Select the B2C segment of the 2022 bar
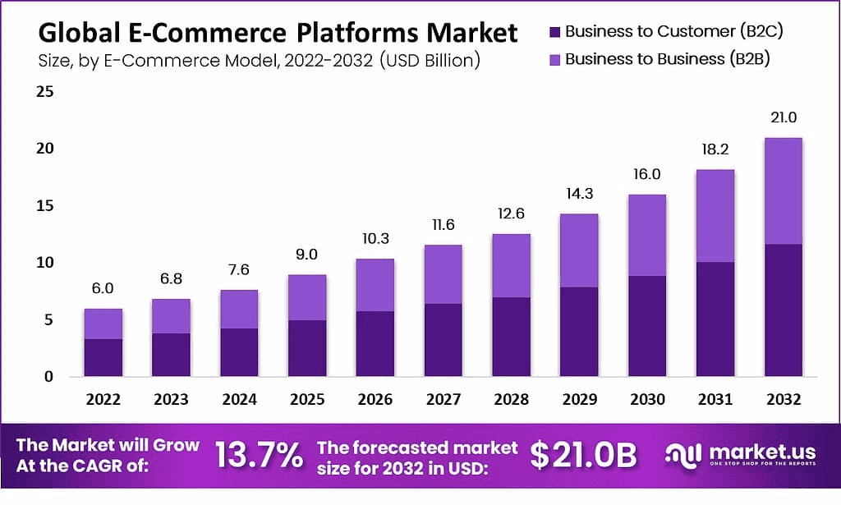103,357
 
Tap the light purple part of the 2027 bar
443,274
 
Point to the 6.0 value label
103,289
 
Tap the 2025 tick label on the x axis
306,400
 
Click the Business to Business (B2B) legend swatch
554,59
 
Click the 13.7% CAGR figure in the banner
260,456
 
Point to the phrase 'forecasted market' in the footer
417,448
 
